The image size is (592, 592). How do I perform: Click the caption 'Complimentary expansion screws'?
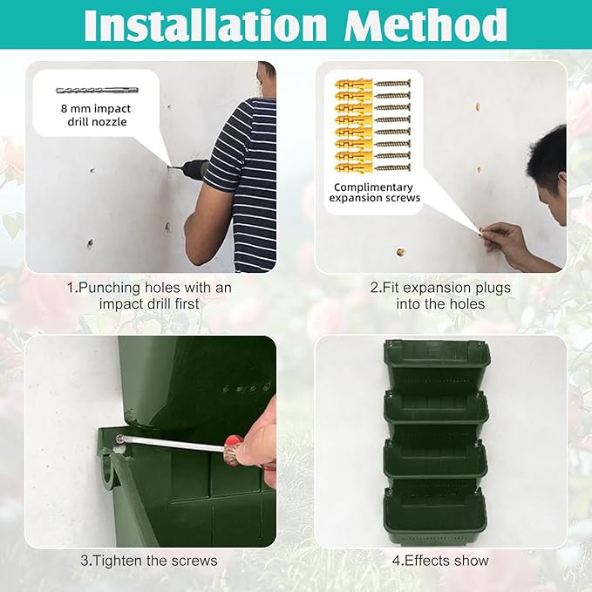click(374, 192)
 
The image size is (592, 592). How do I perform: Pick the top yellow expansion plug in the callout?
click(354, 85)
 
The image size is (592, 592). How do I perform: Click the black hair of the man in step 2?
click(548, 153)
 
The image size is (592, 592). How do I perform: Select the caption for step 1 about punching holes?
click(149, 296)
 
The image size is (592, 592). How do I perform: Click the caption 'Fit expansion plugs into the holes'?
click(440, 296)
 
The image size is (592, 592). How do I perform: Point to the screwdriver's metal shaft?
click(174, 444)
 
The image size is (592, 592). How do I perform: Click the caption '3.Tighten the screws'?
click(149, 560)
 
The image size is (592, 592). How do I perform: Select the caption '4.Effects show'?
click(440, 560)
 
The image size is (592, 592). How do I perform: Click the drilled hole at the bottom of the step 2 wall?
click(400, 253)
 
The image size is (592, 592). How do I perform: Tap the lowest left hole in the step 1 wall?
click(89, 244)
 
